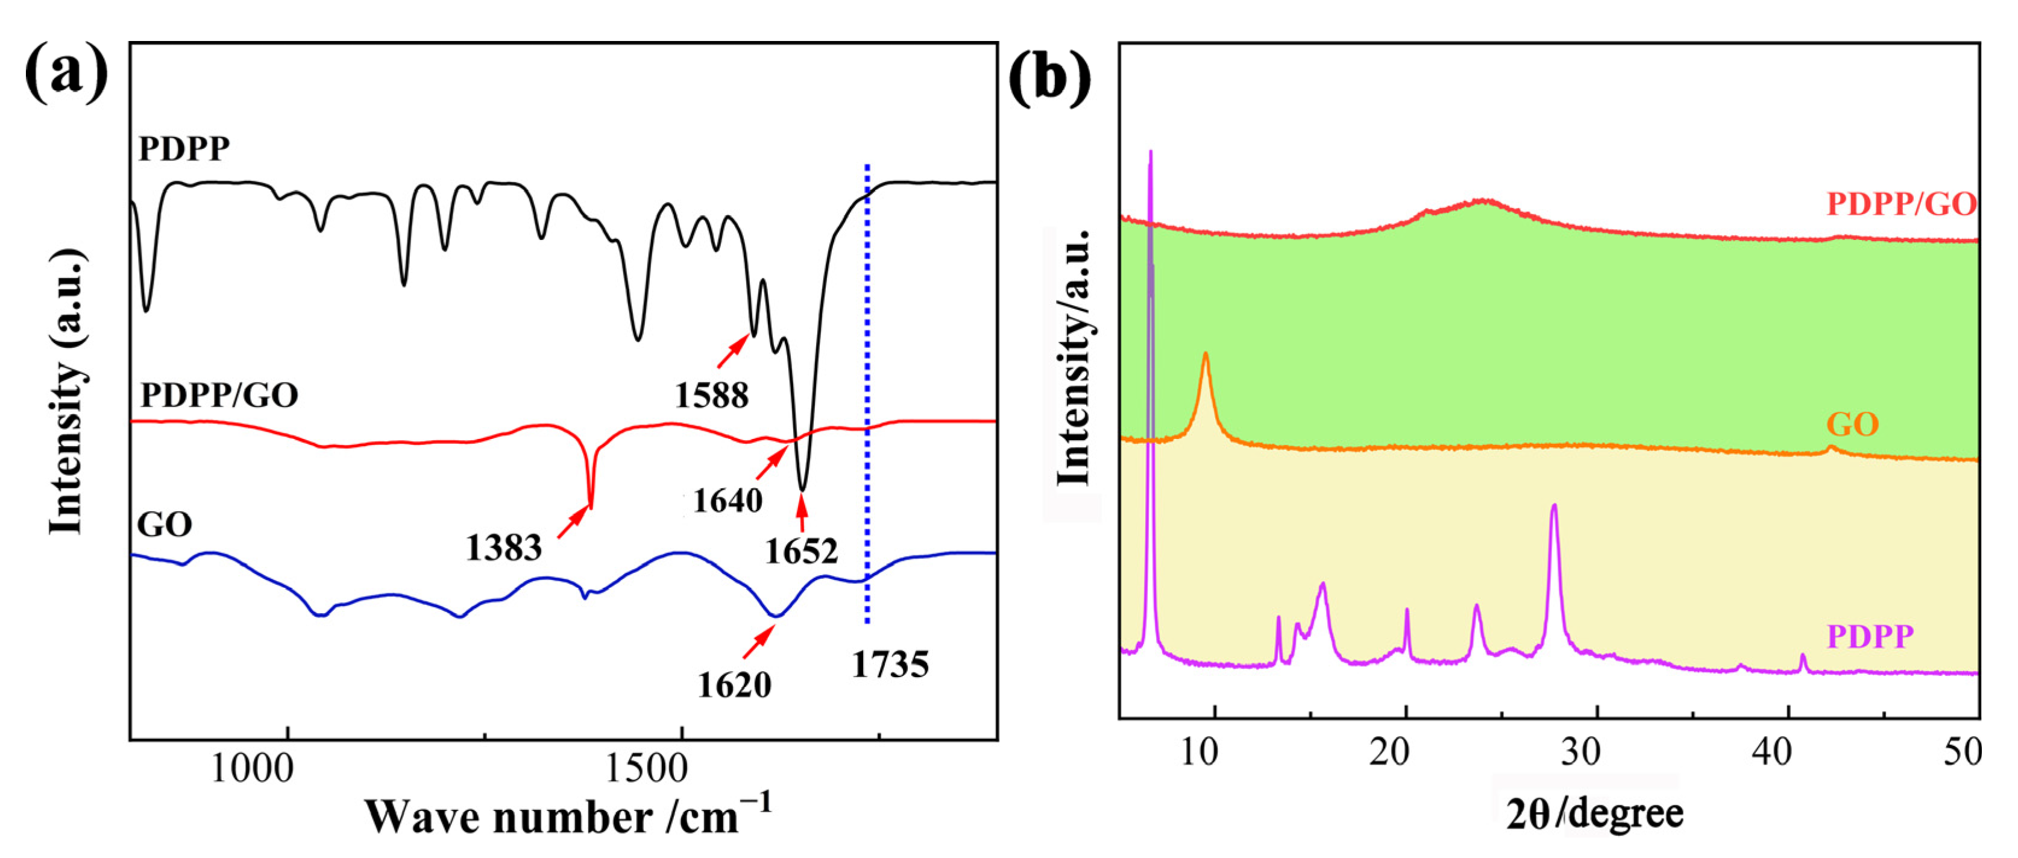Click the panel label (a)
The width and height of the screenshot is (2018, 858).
pos(66,73)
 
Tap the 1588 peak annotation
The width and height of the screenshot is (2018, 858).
pos(711,395)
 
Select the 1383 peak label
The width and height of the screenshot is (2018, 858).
pos(504,547)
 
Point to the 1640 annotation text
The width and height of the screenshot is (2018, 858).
pos(728,500)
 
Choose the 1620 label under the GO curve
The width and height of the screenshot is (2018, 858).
pos(734,684)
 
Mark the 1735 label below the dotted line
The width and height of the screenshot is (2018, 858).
pos(890,664)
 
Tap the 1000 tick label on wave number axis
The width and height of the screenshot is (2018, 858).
pos(252,769)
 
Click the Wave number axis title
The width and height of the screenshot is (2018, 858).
pos(568,816)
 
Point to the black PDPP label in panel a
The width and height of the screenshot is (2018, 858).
pos(184,148)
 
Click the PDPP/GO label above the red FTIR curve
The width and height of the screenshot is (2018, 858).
pos(219,394)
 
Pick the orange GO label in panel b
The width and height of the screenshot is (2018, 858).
pos(1853,424)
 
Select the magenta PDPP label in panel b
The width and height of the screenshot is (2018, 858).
pos(1870,636)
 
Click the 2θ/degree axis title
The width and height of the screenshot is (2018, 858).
pos(1595,814)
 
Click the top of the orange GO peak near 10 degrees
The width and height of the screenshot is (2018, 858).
pos(1205,355)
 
